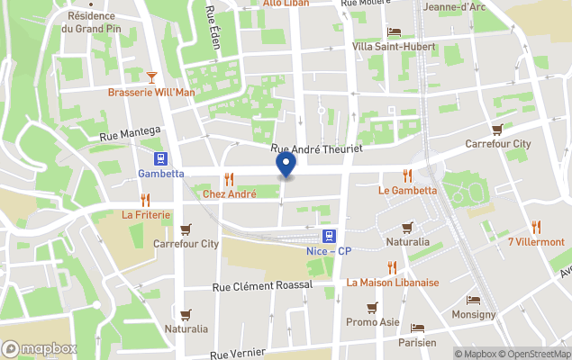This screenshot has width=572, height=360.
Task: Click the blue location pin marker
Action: tap(286, 165)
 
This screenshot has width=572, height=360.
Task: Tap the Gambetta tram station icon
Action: tap(162, 157)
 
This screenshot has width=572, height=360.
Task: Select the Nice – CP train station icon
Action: tap(331, 236)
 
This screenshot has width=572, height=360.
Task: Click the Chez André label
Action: tap(229, 193)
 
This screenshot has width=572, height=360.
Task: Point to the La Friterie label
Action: tap(145, 214)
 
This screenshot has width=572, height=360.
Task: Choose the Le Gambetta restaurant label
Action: tap(407, 190)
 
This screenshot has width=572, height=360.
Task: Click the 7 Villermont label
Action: tap(536, 241)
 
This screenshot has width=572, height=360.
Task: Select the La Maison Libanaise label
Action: tap(393, 282)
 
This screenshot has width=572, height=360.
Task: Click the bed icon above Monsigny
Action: tap(474, 301)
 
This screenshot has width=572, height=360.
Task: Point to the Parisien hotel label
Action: tap(417, 342)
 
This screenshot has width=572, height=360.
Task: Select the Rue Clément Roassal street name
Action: tap(262, 285)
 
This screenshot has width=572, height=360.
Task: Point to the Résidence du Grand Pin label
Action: tap(92, 22)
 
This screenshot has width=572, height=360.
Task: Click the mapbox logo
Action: tap(40, 348)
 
